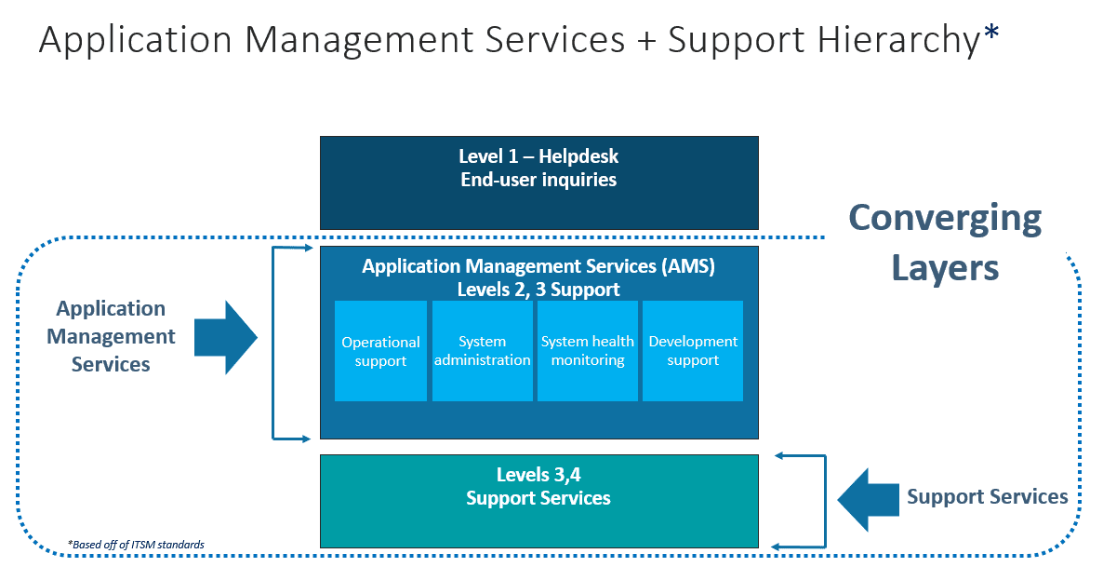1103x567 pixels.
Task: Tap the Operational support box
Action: [380, 351]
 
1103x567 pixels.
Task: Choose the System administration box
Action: [482, 351]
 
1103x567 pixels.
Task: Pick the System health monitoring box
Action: [588, 351]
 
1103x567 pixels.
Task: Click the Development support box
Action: [693, 351]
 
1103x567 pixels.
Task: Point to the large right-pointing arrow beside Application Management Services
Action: [226, 337]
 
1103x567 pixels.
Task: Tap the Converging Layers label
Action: [945, 243]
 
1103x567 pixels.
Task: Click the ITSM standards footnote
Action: [136, 544]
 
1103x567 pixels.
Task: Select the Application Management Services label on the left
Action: [111, 336]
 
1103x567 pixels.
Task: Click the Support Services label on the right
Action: [988, 497]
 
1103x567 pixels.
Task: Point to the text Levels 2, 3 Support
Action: [538, 290]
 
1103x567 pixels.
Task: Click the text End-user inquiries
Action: [538, 180]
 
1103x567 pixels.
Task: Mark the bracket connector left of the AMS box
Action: [273, 343]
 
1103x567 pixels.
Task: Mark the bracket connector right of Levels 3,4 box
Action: [823, 501]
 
